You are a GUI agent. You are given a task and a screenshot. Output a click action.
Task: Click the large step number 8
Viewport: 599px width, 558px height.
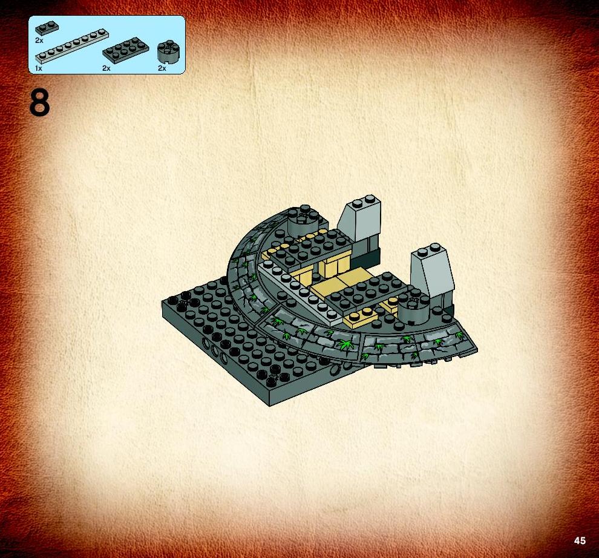(x=39, y=103)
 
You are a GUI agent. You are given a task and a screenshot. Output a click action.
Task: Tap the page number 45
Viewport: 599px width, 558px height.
(x=579, y=540)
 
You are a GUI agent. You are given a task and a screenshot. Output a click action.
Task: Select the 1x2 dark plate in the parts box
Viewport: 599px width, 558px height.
(x=47, y=28)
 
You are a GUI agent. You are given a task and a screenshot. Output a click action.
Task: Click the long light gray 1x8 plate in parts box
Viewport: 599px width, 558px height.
(x=72, y=46)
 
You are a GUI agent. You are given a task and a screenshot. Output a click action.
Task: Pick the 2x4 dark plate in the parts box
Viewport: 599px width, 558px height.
(x=126, y=50)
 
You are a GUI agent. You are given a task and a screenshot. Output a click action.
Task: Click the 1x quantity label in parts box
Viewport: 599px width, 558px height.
(x=38, y=68)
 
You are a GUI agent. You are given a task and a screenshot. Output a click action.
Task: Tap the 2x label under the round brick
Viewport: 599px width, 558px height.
(x=162, y=68)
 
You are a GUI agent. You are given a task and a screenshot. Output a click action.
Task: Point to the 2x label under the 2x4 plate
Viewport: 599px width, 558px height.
(x=106, y=68)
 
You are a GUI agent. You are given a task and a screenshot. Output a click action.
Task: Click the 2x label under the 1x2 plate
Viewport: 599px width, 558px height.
(x=39, y=40)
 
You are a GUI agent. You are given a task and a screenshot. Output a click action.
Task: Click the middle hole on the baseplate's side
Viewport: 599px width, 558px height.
(x=214, y=350)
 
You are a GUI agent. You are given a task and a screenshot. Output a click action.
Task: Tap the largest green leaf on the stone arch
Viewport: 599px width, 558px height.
(x=345, y=344)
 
